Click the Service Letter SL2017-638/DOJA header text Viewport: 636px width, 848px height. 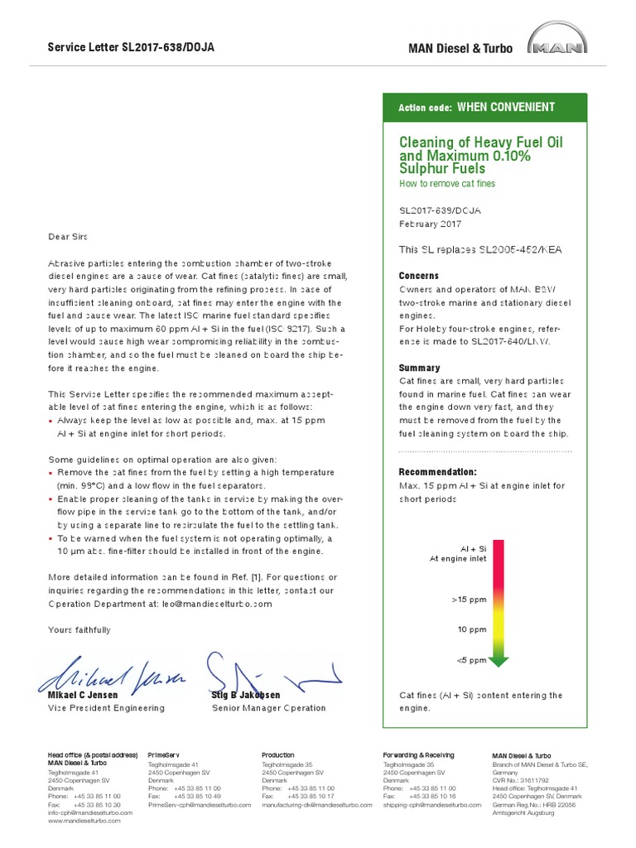(x=131, y=47)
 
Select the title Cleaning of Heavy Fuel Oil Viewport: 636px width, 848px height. (x=480, y=143)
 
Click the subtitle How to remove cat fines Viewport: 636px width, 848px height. (x=447, y=183)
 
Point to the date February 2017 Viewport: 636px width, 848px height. (x=431, y=224)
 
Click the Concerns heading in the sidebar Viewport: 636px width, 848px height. (x=419, y=276)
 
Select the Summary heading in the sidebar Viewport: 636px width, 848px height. (x=419, y=368)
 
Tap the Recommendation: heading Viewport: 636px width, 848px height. (x=438, y=472)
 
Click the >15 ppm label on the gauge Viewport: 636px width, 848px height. (x=469, y=598)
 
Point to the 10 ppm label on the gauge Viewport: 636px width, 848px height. (x=472, y=629)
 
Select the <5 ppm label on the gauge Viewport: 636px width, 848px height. (x=471, y=660)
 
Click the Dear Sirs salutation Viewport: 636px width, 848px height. (x=71, y=236)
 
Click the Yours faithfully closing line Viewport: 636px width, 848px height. (x=79, y=630)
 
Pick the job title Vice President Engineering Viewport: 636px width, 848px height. (x=106, y=708)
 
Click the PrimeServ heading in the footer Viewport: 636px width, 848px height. (x=163, y=755)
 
